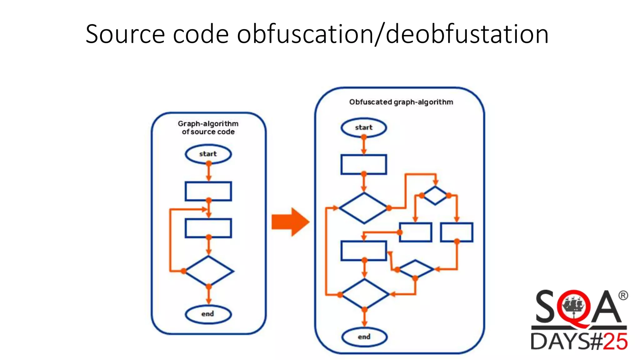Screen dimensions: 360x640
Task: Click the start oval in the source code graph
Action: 208,154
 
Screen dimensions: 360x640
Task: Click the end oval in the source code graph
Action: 208,314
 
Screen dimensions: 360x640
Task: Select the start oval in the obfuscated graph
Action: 364,127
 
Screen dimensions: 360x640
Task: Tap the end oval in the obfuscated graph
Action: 364,337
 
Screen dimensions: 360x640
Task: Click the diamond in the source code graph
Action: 209,271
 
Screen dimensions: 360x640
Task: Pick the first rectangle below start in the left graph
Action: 208,191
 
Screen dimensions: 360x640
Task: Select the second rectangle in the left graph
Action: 208,228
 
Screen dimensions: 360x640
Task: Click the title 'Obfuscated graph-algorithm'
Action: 401,102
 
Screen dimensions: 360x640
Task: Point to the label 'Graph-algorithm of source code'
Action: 208,128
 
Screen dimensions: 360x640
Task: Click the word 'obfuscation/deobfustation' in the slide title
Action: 392,34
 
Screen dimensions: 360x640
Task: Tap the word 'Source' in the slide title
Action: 125,34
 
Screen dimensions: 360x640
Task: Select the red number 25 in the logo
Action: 615,341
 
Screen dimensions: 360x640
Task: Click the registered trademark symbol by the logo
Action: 623,295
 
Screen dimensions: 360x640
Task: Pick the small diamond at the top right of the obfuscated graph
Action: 435,196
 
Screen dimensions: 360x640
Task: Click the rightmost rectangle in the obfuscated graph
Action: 457,232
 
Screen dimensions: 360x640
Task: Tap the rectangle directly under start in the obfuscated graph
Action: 364,164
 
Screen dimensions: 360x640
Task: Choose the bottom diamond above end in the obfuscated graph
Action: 364,294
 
